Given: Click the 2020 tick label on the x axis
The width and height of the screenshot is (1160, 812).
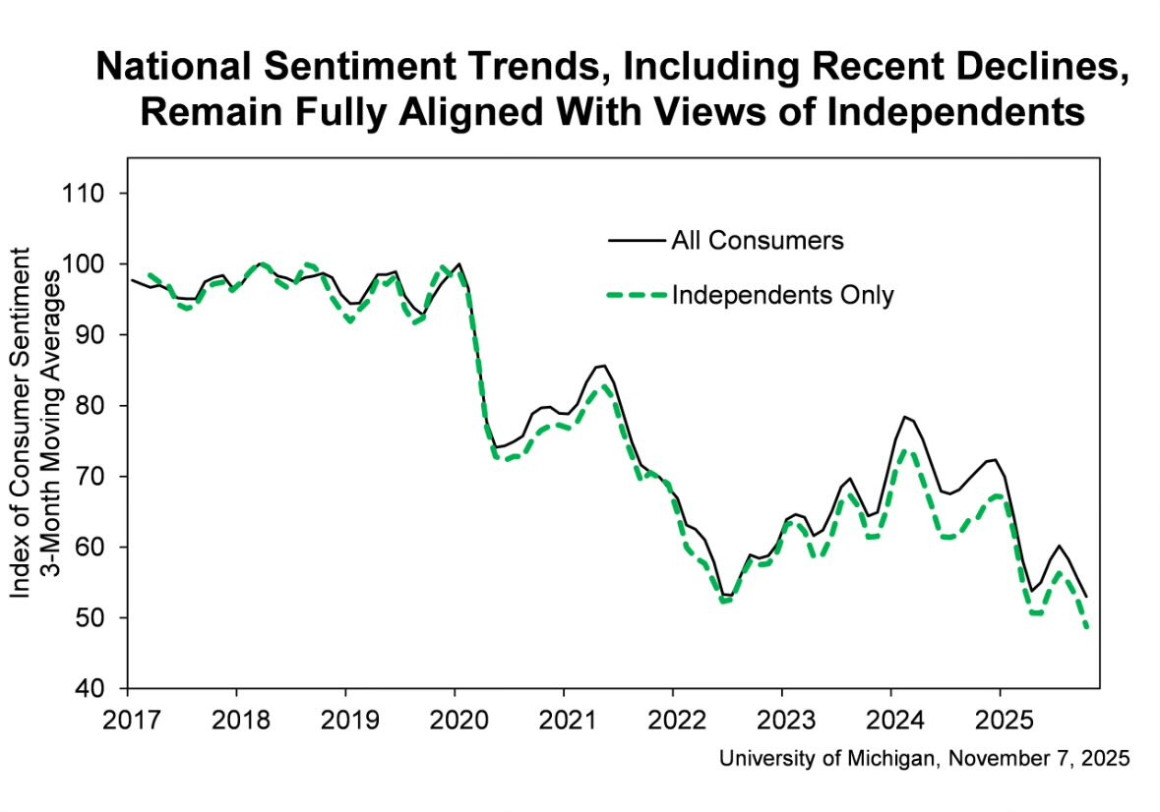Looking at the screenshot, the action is click(x=459, y=719).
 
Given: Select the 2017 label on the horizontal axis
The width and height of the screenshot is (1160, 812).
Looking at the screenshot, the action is click(x=132, y=719).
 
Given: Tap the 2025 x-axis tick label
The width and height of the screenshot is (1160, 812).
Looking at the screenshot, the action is click(x=1004, y=719).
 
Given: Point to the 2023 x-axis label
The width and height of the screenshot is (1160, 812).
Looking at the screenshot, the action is click(x=786, y=719).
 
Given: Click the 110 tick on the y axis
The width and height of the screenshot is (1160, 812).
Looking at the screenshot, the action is click(x=82, y=194).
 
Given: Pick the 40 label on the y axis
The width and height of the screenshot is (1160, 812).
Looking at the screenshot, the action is click(x=91, y=688).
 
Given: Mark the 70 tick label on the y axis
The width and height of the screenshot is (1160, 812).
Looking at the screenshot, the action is click(x=91, y=477).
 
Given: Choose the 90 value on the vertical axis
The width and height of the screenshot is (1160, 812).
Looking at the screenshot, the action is click(x=91, y=334).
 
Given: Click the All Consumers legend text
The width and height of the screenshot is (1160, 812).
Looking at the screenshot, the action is click(x=758, y=241).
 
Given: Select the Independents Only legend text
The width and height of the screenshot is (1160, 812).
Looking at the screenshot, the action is click(x=783, y=296).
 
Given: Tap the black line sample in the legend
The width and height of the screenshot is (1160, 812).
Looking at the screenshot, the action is click(x=637, y=241).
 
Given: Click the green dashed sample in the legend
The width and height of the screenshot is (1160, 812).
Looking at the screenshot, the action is click(x=637, y=296).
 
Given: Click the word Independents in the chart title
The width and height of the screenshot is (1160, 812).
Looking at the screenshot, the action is click(x=955, y=112).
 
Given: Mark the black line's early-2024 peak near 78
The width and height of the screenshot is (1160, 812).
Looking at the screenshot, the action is click(x=905, y=417).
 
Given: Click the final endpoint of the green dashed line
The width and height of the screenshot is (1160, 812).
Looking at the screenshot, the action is click(x=1087, y=627).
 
